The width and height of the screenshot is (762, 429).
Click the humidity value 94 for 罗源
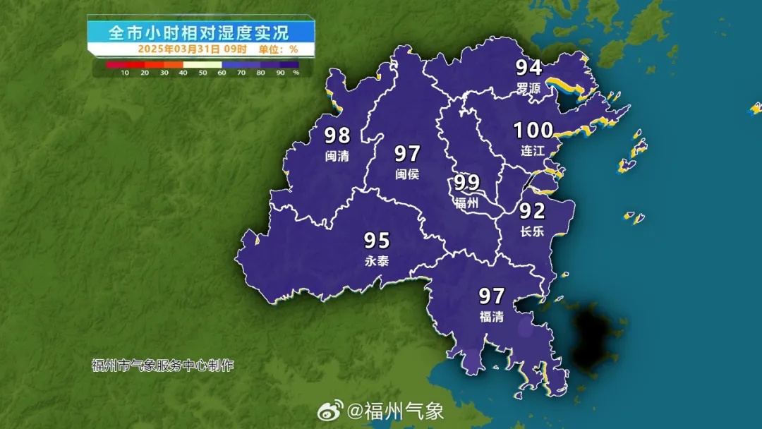pyautogui.click(x=528, y=68)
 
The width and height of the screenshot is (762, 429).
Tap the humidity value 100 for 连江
pyautogui.click(x=533, y=131)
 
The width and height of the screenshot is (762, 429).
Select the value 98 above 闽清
pyautogui.click(x=337, y=135)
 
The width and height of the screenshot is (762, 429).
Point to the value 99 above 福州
pyautogui.click(x=467, y=183)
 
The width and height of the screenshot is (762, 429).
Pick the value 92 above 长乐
pyautogui.click(x=533, y=211)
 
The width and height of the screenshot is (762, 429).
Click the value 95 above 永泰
pyautogui.click(x=377, y=241)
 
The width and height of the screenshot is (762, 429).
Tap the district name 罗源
pyautogui.click(x=528, y=88)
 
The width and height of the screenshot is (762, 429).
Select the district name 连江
pyautogui.click(x=533, y=150)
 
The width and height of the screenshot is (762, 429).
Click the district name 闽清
pyautogui.click(x=337, y=155)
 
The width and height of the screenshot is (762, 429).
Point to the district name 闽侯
pyautogui.click(x=407, y=174)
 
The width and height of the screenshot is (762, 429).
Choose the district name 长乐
pyautogui.click(x=533, y=231)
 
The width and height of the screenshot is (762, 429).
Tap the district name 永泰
pyautogui.click(x=377, y=261)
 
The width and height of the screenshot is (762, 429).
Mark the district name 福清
pyautogui.click(x=491, y=316)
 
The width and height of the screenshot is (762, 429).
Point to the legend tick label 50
pyautogui.click(x=203, y=73)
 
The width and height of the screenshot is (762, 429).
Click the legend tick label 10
pyautogui.click(x=125, y=73)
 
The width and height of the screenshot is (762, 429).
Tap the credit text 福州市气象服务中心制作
pyautogui.click(x=162, y=365)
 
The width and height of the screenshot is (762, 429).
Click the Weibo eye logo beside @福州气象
pyautogui.click(x=330, y=409)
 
